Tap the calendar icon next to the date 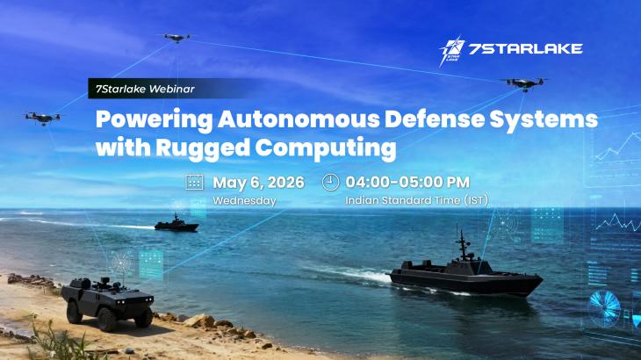[194, 183]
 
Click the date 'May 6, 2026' [258, 183]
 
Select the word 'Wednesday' [244, 201]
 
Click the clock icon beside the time [330, 183]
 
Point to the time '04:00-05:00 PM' [407, 183]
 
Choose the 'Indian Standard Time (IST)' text [416, 201]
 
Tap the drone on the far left [41, 117]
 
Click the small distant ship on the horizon [176, 224]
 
